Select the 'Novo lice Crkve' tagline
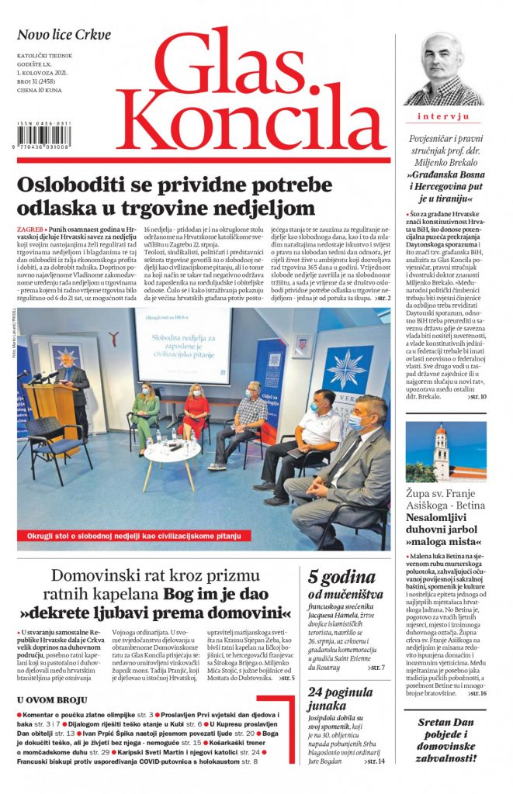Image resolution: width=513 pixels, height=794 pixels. [64, 35]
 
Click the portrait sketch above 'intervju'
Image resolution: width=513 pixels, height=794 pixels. [444, 70]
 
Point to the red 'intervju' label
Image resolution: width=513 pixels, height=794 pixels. [444, 116]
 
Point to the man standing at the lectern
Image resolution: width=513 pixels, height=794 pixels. [73, 388]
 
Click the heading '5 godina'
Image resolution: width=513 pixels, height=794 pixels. [342, 577]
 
